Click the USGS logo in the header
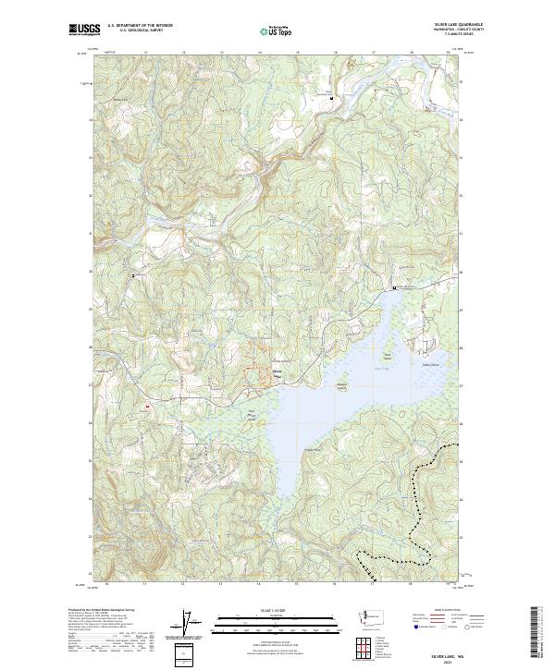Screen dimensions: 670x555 [84, 30]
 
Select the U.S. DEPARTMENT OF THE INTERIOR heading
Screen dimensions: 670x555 [140, 26]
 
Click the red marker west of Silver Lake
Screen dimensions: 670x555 [146, 404]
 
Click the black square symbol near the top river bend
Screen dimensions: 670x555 [331, 96]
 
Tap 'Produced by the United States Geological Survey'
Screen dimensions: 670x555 [103, 611]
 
